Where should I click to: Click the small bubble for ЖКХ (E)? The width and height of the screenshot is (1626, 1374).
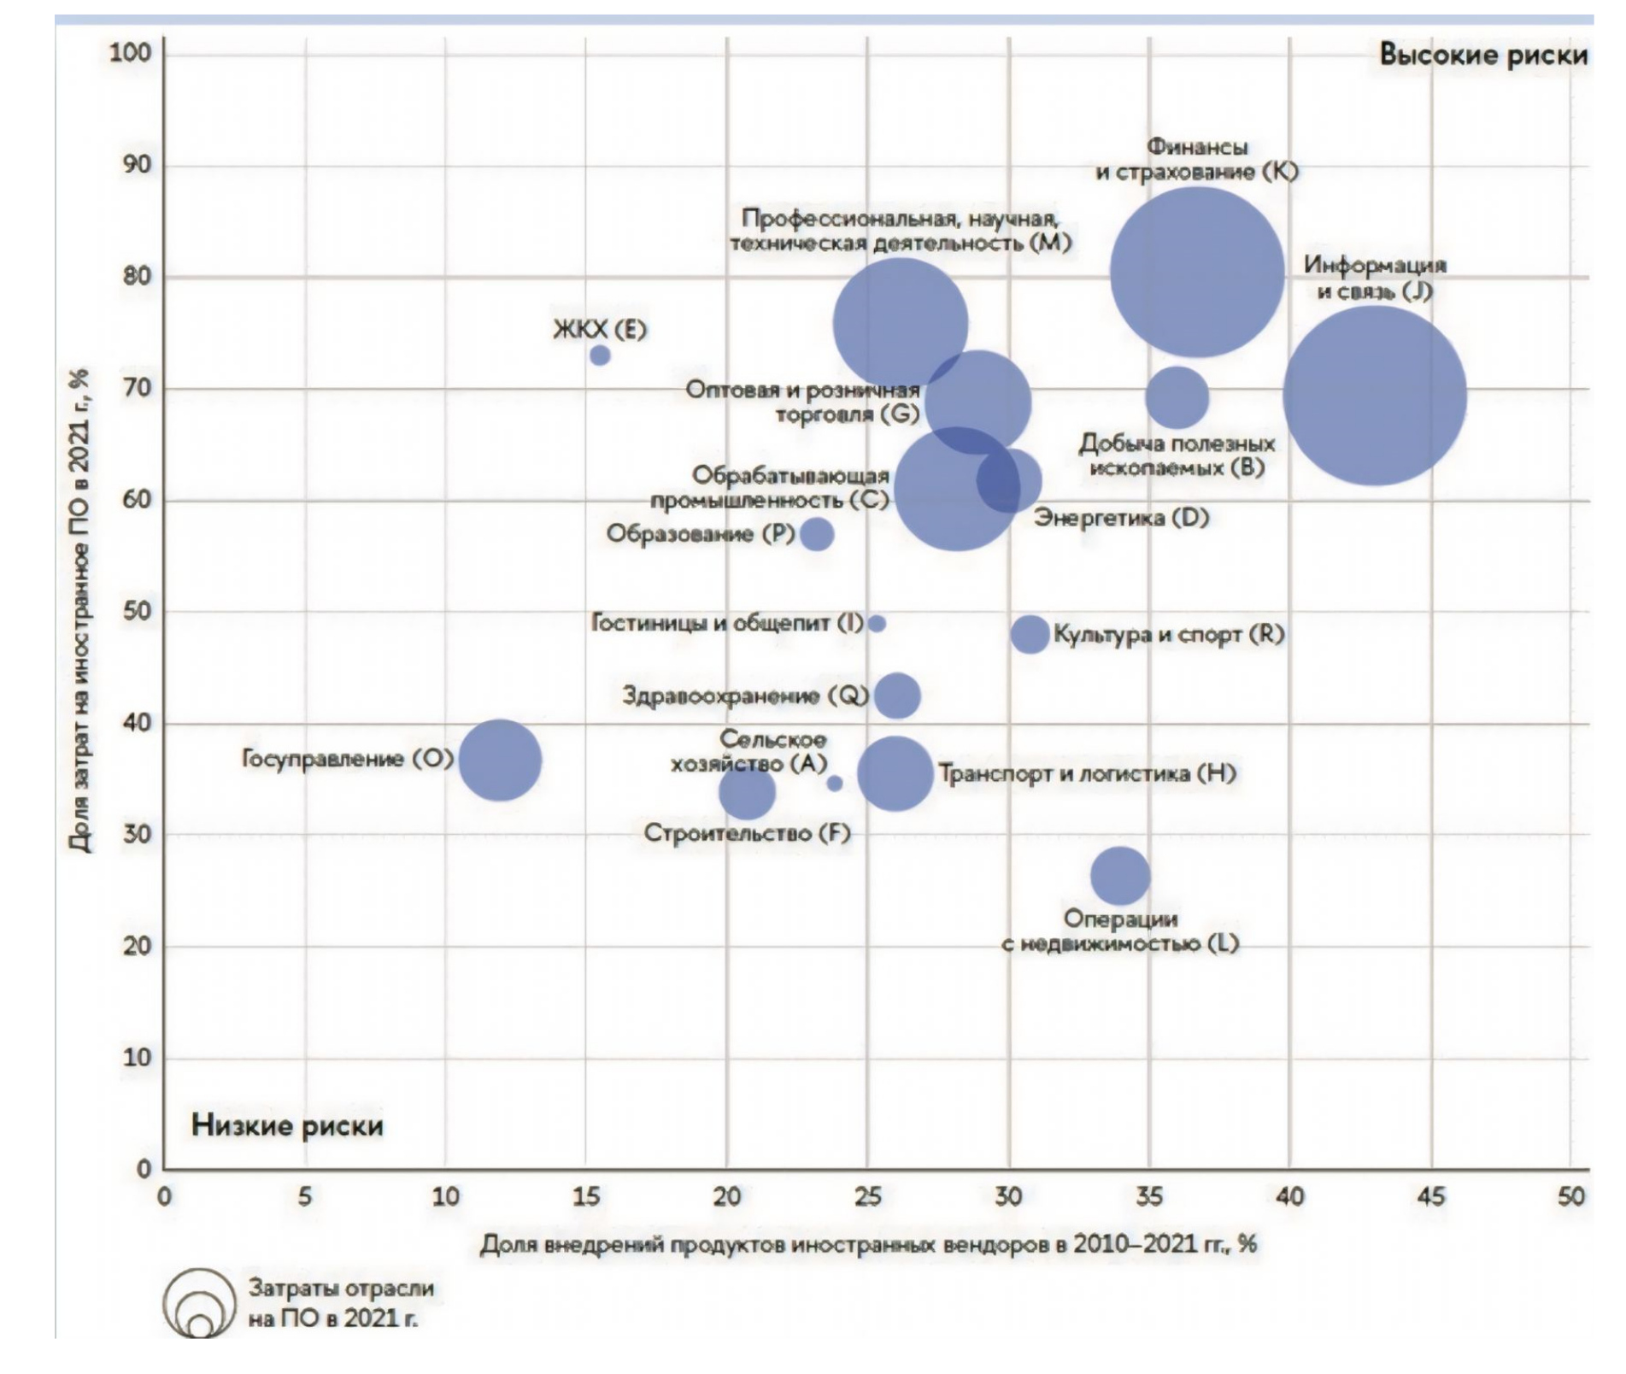pos(600,355)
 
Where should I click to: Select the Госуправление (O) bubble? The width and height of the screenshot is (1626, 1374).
pos(500,760)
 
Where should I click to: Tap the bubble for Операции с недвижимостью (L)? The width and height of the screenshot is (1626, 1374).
pos(1119,876)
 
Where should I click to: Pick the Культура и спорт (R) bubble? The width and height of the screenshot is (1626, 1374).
pos(1030,634)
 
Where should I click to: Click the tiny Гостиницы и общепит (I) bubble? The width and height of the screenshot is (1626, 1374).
pos(877,624)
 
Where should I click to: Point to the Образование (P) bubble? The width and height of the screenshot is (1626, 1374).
pos(817,534)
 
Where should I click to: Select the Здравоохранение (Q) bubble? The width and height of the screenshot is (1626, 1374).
pos(896,696)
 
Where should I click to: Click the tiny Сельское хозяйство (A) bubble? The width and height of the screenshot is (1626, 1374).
pos(835,783)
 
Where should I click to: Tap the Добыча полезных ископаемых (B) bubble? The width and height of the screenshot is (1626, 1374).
pos(1177,397)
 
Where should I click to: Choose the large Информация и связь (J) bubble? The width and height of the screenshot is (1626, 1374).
pos(1374,396)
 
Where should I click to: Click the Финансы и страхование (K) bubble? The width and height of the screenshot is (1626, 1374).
pos(1197,273)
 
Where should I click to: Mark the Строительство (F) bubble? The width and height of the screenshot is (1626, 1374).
pos(747,791)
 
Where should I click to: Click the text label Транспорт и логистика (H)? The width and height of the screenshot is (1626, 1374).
pos(1087,774)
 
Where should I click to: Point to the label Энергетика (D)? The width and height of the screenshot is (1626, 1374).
pos(1121,518)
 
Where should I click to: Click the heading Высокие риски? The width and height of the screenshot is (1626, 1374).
pos(1482,55)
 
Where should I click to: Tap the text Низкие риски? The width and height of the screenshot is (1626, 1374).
pos(287,1125)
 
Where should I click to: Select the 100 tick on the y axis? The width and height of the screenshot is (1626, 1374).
pos(130,53)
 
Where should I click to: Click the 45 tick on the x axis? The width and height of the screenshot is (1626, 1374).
pos(1431,1196)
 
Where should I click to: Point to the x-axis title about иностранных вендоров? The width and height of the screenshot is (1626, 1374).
pos(867,1244)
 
